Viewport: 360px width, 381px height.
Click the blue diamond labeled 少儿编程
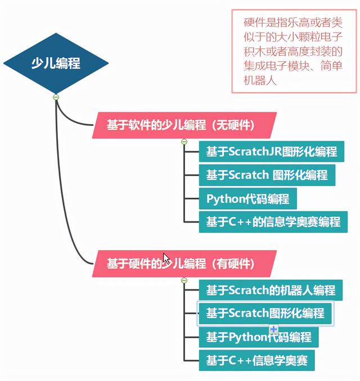click(x=56, y=63)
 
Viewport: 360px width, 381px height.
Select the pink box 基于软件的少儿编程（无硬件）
click(x=184, y=125)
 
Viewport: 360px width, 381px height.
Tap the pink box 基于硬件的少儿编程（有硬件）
click(x=184, y=264)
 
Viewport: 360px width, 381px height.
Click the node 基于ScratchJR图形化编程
click(x=272, y=151)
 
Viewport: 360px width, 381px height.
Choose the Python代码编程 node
click(x=248, y=198)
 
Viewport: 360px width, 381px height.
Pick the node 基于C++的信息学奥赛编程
click(x=273, y=222)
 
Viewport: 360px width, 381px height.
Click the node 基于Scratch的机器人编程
click(x=271, y=290)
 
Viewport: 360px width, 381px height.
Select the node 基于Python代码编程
click(x=259, y=337)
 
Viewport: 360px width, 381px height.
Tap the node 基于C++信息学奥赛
click(x=257, y=360)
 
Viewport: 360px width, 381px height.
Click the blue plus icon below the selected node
click(x=273, y=329)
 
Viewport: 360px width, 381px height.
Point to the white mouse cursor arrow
click(x=166, y=259)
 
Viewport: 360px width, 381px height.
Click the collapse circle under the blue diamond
click(x=56, y=97)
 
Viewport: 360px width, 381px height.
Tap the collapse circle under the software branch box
click(x=184, y=142)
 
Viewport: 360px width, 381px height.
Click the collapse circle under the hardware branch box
click(x=184, y=280)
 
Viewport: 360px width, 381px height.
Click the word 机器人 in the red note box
click(x=260, y=80)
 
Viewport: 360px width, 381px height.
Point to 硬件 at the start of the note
click(x=255, y=22)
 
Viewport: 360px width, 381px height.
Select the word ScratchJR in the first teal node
click(x=255, y=151)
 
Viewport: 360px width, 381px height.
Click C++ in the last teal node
click(x=240, y=360)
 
